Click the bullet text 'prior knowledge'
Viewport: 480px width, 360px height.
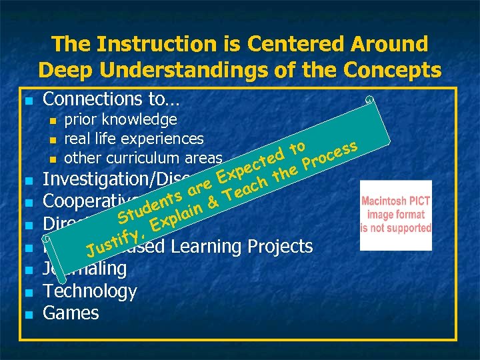point(120,119)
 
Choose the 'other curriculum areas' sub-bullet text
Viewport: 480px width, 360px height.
point(143,158)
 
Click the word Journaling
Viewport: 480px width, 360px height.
point(85,269)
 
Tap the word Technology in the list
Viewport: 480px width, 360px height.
point(89,291)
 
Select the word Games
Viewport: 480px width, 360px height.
point(71,313)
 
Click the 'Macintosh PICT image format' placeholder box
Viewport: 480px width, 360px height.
point(395,215)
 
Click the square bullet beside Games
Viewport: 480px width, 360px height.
point(27,314)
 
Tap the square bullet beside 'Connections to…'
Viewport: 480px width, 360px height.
point(27,101)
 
